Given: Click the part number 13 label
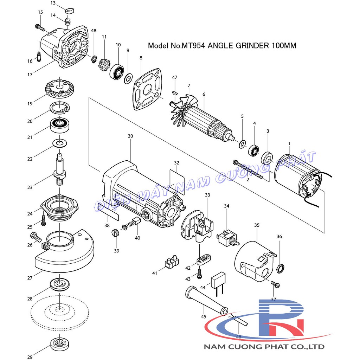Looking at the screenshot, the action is click(x=53, y=3).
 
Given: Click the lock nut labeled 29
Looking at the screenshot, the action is click(x=59, y=345).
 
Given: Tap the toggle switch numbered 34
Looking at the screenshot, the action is click(x=228, y=238).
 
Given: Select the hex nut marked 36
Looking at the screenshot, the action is click(x=281, y=268).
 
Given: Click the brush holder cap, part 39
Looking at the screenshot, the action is click(x=115, y=233).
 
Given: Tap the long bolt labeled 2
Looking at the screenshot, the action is click(x=248, y=169).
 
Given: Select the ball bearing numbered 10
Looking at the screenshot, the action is click(x=117, y=71).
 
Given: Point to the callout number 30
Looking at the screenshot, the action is click(x=130, y=136).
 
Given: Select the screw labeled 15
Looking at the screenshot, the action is click(x=40, y=28).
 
